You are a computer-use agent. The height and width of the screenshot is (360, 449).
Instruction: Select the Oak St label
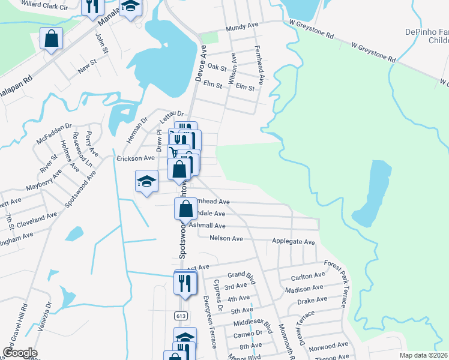click(x=215, y=69)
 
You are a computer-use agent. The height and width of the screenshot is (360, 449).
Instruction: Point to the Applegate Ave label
click(x=294, y=242)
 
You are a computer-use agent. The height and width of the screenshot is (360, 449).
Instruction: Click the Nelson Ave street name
click(x=226, y=238)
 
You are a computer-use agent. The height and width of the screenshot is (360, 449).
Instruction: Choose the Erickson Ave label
click(x=136, y=158)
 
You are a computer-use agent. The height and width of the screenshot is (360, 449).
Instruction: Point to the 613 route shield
click(x=181, y=316)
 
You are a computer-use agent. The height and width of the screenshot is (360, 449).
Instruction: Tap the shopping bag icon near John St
click(x=52, y=39)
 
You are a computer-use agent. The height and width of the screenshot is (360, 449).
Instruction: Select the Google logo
click(x=19, y=353)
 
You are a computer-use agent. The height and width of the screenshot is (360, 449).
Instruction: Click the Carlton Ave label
click(x=307, y=276)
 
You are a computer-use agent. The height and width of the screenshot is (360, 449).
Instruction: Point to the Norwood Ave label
click(x=334, y=345)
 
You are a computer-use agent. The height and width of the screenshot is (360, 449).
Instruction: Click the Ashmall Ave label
click(x=207, y=226)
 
